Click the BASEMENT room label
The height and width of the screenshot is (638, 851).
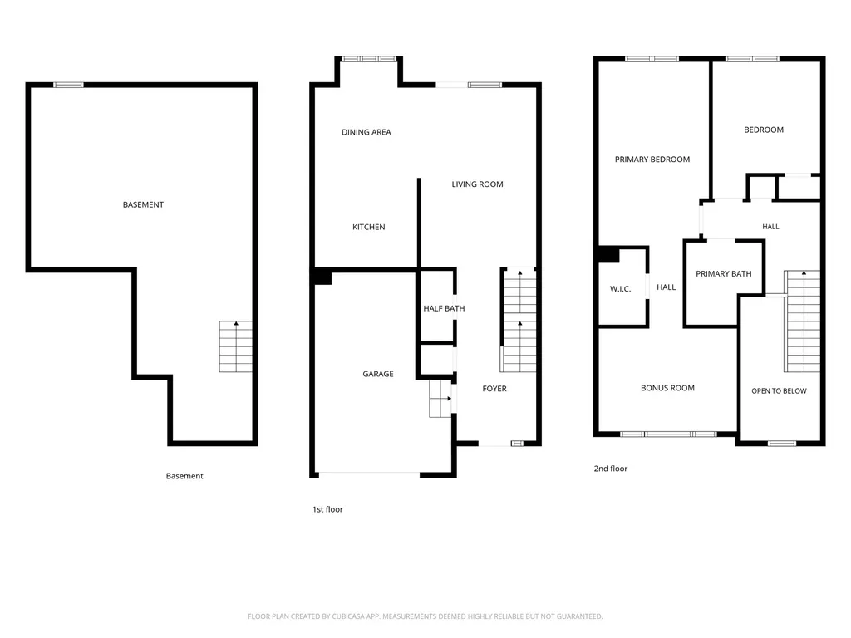pyautogui.click(x=143, y=204)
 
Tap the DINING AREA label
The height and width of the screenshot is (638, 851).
pyautogui.click(x=366, y=132)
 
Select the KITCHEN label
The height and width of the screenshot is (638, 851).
pyautogui.click(x=369, y=227)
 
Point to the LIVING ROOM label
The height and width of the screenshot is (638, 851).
pyautogui.click(x=478, y=184)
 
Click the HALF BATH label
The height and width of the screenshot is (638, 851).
pyautogui.click(x=444, y=308)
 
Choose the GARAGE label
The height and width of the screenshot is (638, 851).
pyautogui.click(x=378, y=374)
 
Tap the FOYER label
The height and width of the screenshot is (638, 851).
pyautogui.click(x=494, y=389)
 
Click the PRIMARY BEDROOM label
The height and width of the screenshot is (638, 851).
pyautogui.click(x=652, y=159)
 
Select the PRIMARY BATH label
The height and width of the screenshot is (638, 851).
pyautogui.click(x=724, y=274)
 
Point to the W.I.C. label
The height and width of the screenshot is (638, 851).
pyautogui.click(x=620, y=289)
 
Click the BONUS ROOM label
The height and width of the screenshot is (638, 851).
pyautogui.click(x=667, y=388)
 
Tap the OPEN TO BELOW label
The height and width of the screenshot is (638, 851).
pyautogui.click(x=779, y=390)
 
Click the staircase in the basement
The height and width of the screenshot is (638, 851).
pyautogui.click(x=235, y=346)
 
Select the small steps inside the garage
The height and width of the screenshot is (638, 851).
pyautogui.click(x=440, y=399)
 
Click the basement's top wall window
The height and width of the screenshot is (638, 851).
pyautogui.click(x=68, y=85)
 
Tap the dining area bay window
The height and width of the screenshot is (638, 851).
pyautogui.click(x=369, y=59)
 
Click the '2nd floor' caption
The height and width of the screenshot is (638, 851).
pyautogui.click(x=611, y=469)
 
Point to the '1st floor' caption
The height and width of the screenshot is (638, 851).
pyautogui.click(x=327, y=509)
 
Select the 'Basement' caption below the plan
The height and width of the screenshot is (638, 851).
pyautogui.click(x=184, y=476)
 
